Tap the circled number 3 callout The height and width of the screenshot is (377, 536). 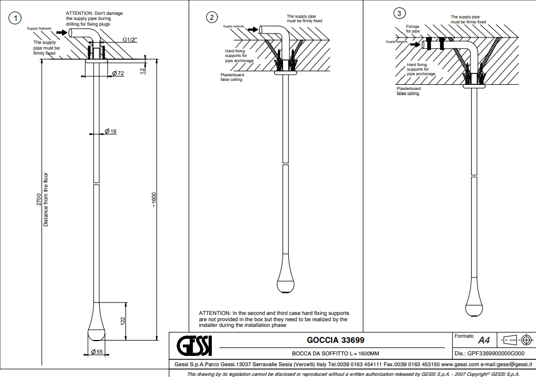[400, 13]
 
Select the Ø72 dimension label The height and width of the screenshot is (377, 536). [118, 74]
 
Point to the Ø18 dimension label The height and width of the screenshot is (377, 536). [111, 132]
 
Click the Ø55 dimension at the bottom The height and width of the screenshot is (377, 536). [96, 352]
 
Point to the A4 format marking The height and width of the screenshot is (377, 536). [484, 341]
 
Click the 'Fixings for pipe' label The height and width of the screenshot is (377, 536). [412, 29]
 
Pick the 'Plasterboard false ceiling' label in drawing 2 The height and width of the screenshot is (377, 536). [232, 77]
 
